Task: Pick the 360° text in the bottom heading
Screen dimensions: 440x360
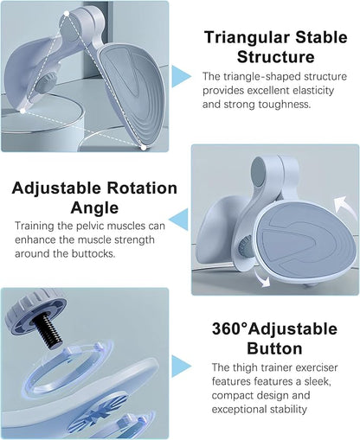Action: click(x=228, y=328)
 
